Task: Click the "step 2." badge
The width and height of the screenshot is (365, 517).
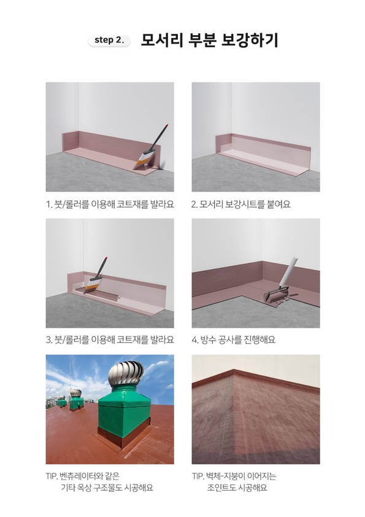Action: pos(109,41)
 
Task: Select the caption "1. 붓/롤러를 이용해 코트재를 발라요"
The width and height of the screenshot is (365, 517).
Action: pos(110,204)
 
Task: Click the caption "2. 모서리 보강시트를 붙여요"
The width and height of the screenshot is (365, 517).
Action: pos(241,204)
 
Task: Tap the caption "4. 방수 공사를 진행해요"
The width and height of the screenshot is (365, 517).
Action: pos(234,340)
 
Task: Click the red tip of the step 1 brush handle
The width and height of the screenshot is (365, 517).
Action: pos(167,125)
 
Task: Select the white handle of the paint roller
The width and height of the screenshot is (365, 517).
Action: pos(288,271)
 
